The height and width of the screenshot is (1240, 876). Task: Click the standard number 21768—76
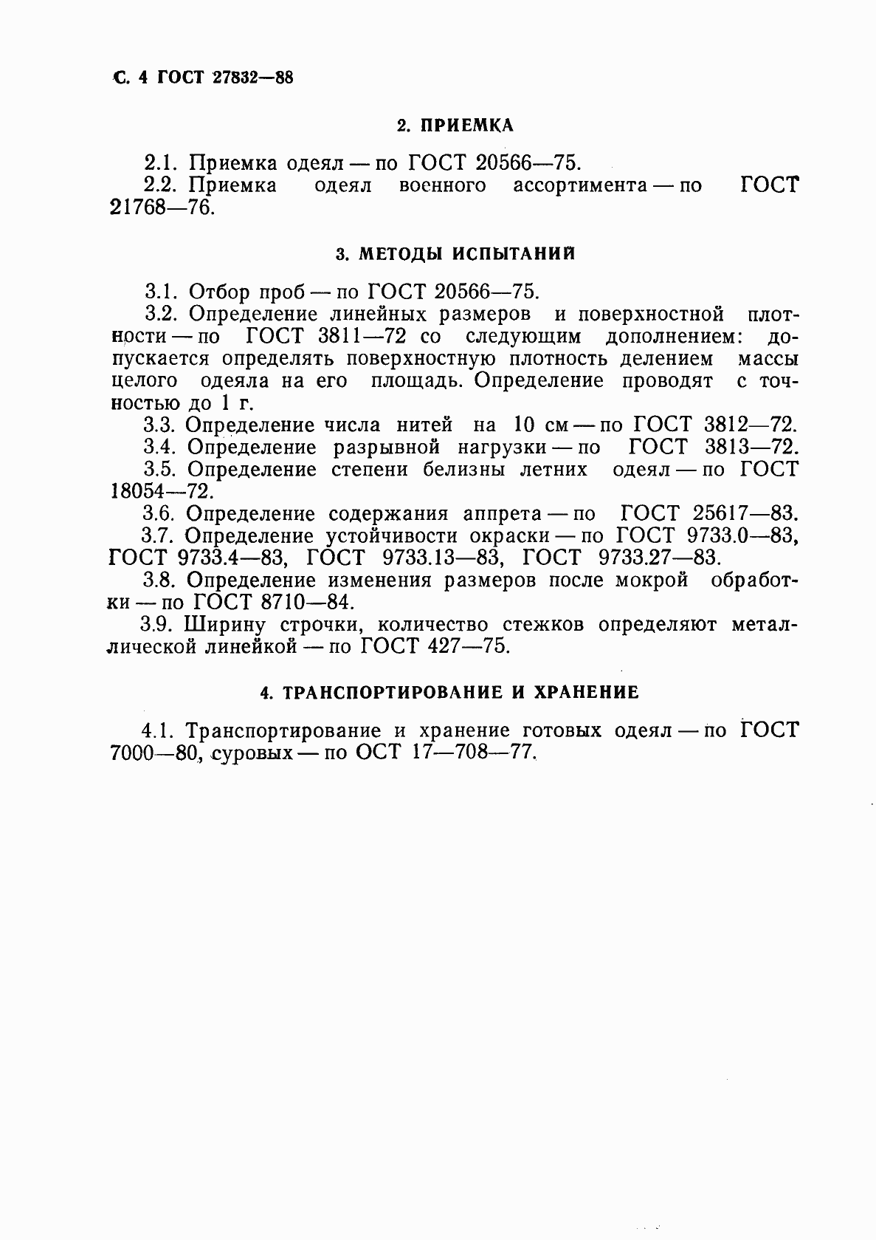click(162, 208)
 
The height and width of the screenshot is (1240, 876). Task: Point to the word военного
click(442, 185)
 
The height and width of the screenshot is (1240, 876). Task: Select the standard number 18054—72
click(162, 491)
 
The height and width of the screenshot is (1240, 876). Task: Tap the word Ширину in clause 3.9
click(224, 625)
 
